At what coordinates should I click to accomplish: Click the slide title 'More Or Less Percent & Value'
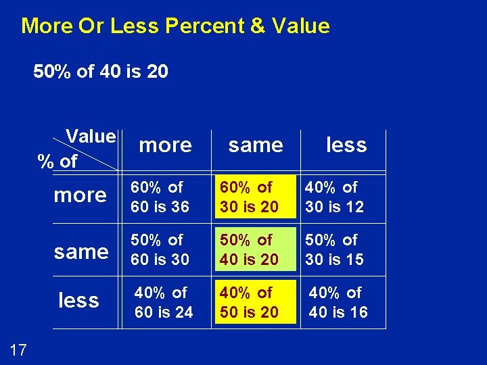pyautogui.click(x=175, y=26)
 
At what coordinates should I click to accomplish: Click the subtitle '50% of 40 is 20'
pyautogui.click(x=101, y=71)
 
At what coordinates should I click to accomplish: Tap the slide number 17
pyautogui.click(x=19, y=349)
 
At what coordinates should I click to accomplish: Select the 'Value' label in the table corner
pyautogui.click(x=91, y=137)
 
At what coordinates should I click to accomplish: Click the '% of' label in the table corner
pyautogui.click(x=57, y=162)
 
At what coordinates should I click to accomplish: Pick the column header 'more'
pyautogui.click(x=165, y=145)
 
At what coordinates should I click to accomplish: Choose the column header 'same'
pyautogui.click(x=256, y=145)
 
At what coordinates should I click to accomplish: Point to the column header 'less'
pyautogui.click(x=346, y=145)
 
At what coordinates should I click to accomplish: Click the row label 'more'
pyautogui.click(x=80, y=195)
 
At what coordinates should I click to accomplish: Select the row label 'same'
pyautogui.click(x=81, y=251)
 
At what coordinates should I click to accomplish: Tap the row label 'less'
pyautogui.click(x=78, y=300)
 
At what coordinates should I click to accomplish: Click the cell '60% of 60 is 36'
pyautogui.click(x=160, y=197)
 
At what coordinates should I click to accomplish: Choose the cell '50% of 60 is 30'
pyautogui.click(x=160, y=249)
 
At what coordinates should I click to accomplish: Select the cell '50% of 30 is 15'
pyautogui.click(x=334, y=249)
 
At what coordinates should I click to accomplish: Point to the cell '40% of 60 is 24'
pyautogui.click(x=163, y=302)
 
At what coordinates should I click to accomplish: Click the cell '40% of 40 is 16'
pyautogui.click(x=338, y=302)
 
